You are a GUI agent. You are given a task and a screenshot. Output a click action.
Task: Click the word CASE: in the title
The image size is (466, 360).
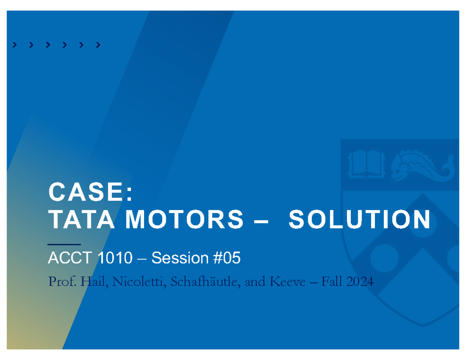(90, 193)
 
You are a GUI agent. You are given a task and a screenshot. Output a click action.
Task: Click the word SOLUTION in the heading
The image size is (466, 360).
(359, 220)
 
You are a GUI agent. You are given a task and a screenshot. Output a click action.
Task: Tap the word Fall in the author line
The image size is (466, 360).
(331, 282)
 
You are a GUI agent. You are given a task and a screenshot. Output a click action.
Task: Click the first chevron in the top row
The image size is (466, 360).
(15, 45)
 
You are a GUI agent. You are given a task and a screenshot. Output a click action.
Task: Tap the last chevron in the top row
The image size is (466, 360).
(98, 45)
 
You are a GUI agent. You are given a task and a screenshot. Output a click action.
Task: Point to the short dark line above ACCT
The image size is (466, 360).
(64, 244)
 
